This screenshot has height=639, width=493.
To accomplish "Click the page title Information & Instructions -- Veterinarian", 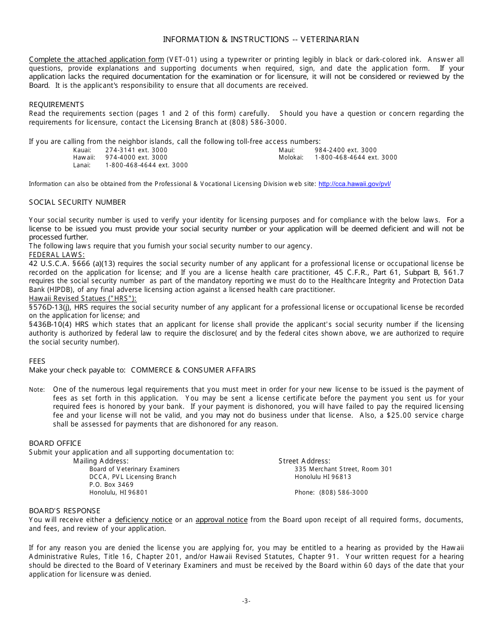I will click(x=261, y=39).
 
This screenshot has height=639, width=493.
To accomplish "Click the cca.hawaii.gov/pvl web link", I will click(x=354, y=184).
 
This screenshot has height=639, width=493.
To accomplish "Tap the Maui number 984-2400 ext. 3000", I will click(x=346, y=150).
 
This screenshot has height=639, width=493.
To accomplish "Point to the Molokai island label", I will click(x=291, y=157).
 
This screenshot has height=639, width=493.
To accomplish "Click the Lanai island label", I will click(x=81, y=165).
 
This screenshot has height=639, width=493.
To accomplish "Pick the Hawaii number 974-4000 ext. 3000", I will click(x=136, y=157).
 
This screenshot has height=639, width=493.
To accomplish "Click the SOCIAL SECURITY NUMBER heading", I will click(x=77, y=202).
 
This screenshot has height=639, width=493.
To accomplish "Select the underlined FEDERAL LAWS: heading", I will click(x=57, y=255).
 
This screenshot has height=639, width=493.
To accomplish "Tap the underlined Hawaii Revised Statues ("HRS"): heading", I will click(x=83, y=298).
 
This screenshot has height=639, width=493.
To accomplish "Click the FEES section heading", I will click(x=37, y=361).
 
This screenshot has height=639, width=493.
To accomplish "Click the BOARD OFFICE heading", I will click(x=55, y=443).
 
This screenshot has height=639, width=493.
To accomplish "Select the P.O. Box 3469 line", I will click(x=111, y=484).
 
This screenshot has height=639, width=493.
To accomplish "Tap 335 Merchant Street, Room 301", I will click(x=343, y=469).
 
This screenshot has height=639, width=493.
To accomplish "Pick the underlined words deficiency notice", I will click(x=143, y=520).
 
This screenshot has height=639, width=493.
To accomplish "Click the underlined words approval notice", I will click(x=221, y=520).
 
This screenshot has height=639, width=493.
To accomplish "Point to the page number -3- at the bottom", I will click(x=246, y=601).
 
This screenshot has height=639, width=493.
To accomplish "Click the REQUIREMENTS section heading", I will click(x=56, y=104).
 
